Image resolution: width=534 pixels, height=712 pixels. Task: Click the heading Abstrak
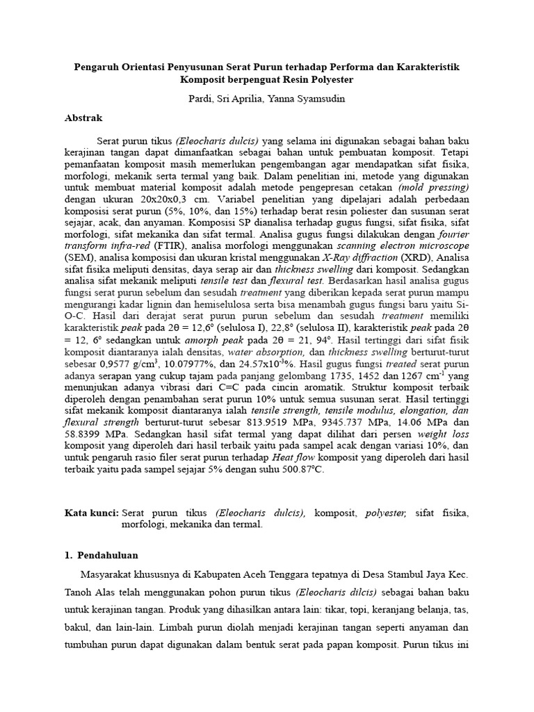pos(83,118)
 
